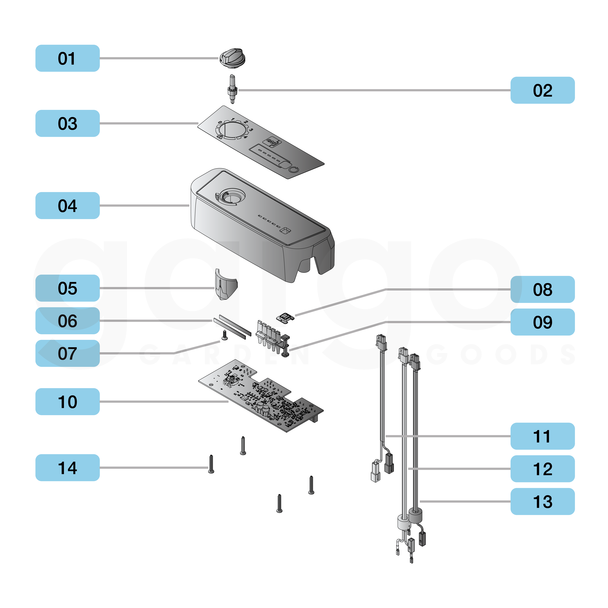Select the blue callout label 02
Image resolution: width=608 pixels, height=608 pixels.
(x=542, y=90)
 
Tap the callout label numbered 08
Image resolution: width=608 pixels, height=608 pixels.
(x=542, y=289)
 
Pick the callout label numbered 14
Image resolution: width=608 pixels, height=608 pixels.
(x=67, y=468)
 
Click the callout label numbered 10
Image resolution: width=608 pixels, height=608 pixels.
(x=67, y=402)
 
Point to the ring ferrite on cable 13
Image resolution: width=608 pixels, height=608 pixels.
(x=415, y=515)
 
